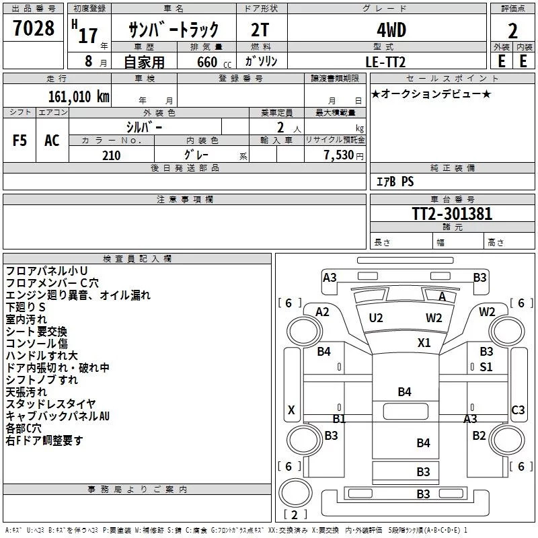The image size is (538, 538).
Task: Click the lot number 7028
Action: pos(34,29)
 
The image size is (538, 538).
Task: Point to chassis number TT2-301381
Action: pos(452,214)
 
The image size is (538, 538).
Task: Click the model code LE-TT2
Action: pos(385,61)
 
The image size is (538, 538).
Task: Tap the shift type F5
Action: pos(20,141)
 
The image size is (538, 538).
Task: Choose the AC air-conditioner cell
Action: pos(52,141)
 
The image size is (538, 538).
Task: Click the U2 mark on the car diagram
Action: pos(376,317)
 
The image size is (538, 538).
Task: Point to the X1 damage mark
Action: pos(424,342)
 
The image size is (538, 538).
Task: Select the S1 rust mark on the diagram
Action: pos(486,367)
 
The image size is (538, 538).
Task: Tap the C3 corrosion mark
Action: pos(518,410)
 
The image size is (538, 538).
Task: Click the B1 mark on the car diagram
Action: pos(339,418)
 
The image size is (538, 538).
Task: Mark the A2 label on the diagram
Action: pos(323,311)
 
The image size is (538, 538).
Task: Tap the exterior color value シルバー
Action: pos(144,126)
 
